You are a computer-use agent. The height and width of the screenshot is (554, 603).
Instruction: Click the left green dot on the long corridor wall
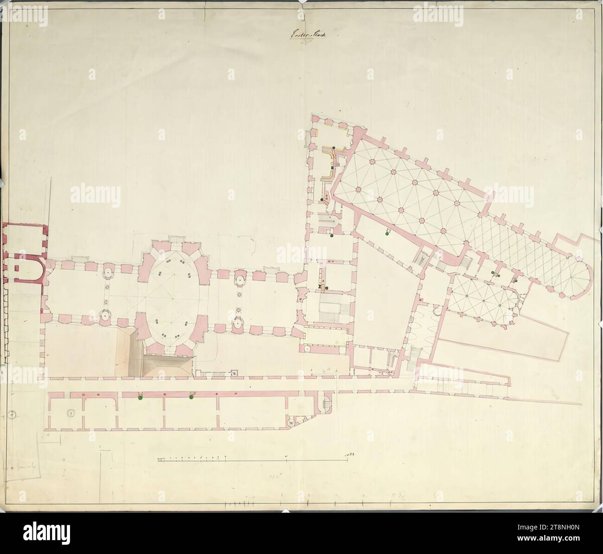[140, 397]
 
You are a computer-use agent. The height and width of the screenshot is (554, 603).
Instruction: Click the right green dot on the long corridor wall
[191, 397]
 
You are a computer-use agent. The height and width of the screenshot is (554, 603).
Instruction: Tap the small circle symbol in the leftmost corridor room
[70, 412]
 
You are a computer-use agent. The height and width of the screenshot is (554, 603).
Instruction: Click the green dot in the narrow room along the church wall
[385, 234]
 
